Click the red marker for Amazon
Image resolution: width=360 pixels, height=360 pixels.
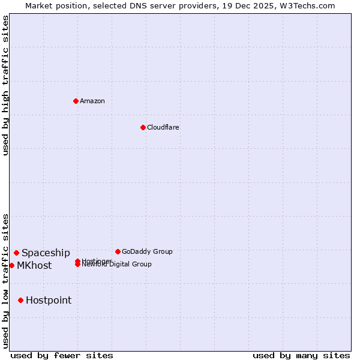coord(76,101)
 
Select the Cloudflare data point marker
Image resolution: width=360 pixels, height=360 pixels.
coord(143,127)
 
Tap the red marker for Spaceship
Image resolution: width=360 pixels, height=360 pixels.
coord(16,253)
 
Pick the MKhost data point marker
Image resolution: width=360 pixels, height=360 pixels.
coord(11,265)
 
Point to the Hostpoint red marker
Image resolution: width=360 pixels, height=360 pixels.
coord(20,300)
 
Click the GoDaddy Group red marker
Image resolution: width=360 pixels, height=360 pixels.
coord(118,251)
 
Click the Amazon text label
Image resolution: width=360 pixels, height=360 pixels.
coord(92,101)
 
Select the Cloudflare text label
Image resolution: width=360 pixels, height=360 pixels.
coord(163,127)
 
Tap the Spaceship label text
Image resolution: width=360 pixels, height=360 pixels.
coord(46,253)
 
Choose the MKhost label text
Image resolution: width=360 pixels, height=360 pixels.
coord(34,266)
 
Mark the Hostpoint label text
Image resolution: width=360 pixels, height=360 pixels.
coord(49,301)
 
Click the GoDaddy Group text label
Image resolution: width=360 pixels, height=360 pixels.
coord(147,251)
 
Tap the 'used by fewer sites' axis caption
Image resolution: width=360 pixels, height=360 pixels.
coord(62,355)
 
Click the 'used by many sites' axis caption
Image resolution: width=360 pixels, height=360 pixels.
coord(301,355)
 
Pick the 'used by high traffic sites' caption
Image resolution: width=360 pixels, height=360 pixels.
coord(6,85)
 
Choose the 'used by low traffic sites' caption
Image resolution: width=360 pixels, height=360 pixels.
coord(6,281)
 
